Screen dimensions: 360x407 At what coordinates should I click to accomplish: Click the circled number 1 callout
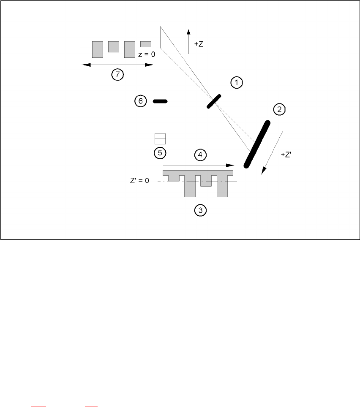(237, 83)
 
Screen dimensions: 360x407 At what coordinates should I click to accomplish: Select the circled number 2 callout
(279, 110)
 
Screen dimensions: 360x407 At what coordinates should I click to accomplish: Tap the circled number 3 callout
(200, 210)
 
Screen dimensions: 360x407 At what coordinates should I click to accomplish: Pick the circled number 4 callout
(200, 155)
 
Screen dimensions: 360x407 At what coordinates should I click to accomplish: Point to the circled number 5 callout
(160, 152)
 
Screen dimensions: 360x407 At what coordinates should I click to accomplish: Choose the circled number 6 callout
(141, 101)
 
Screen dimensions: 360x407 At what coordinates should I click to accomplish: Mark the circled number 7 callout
(117, 75)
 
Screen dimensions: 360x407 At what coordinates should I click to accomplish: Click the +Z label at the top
(199, 44)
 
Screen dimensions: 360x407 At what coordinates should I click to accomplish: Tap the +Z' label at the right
(286, 155)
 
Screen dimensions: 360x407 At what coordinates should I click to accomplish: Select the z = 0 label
(147, 54)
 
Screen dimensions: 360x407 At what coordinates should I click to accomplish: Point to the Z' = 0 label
(140, 182)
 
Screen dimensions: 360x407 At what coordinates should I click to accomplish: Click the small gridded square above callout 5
(160, 139)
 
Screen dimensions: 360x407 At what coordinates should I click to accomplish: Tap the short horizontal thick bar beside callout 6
(160, 101)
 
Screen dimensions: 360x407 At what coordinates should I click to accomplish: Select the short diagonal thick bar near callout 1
(214, 101)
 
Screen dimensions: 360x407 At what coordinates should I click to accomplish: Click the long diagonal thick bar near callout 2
(256, 144)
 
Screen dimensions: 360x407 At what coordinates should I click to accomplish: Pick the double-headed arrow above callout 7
(117, 65)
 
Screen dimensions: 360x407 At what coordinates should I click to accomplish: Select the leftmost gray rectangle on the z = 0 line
(98, 49)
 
